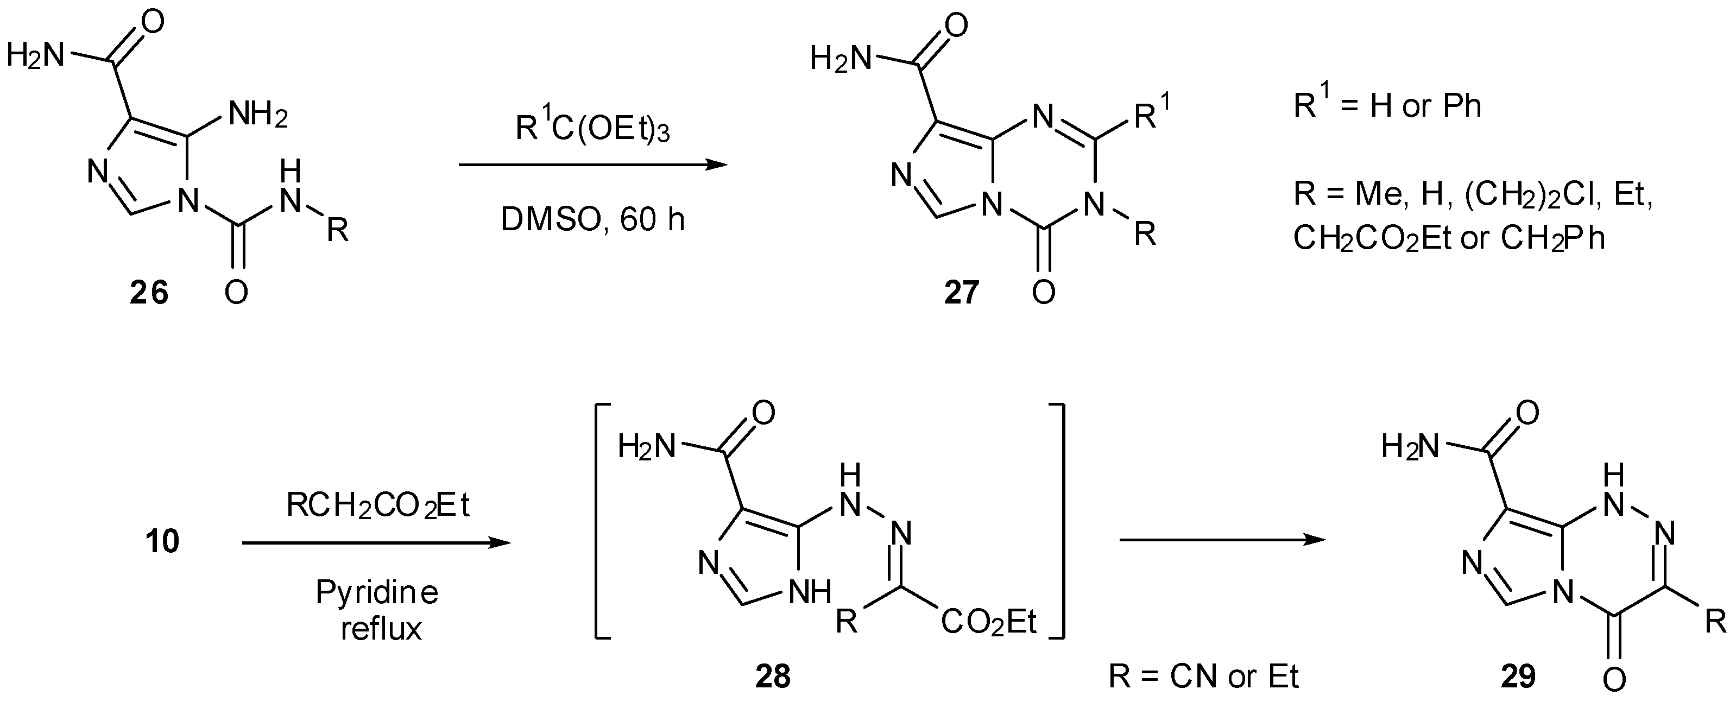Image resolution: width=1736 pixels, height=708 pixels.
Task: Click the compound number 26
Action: pyautogui.click(x=149, y=293)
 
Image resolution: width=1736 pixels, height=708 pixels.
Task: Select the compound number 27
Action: pyautogui.click(x=961, y=293)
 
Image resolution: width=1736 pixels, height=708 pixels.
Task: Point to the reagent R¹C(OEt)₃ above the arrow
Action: pyautogui.click(x=592, y=128)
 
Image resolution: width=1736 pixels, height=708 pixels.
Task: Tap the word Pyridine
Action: pyautogui.click(x=377, y=593)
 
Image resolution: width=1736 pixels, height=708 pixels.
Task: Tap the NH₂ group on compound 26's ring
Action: pyautogui.click(x=258, y=116)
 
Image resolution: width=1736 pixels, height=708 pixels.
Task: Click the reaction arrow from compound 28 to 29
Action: pyautogui.click(x=1222, y=540)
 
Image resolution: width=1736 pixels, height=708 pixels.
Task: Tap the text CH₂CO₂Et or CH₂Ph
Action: pyautogui.click(x=1449, y=239)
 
